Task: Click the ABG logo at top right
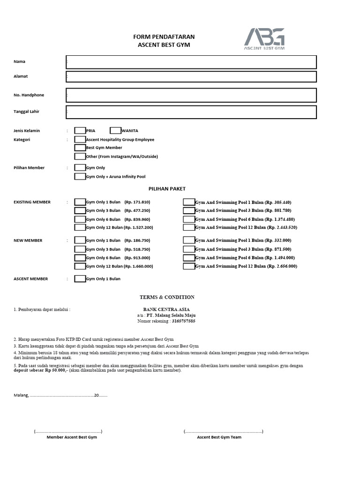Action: point(264,39)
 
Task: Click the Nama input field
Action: point(191,62)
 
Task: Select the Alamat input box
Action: point(191,76)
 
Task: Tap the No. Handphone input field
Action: point(191,95)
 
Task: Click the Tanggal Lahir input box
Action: point(191,112)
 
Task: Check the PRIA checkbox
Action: point(80,131)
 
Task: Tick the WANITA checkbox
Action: point(115,131)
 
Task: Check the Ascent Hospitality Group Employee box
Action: point(80,140)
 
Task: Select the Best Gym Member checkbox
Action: point(80,148)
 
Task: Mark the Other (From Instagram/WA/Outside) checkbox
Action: point(80,157)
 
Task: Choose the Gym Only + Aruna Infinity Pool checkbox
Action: point(80,177)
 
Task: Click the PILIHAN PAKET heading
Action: point(167,189)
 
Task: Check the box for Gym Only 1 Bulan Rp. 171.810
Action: point(80,202)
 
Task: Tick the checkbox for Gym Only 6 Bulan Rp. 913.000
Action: point(80,258)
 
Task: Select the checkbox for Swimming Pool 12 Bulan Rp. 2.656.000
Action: point(188,266)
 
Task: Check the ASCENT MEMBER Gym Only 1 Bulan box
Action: point(80,279)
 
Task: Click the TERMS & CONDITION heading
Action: point(167,297)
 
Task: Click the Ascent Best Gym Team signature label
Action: point(219,437)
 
